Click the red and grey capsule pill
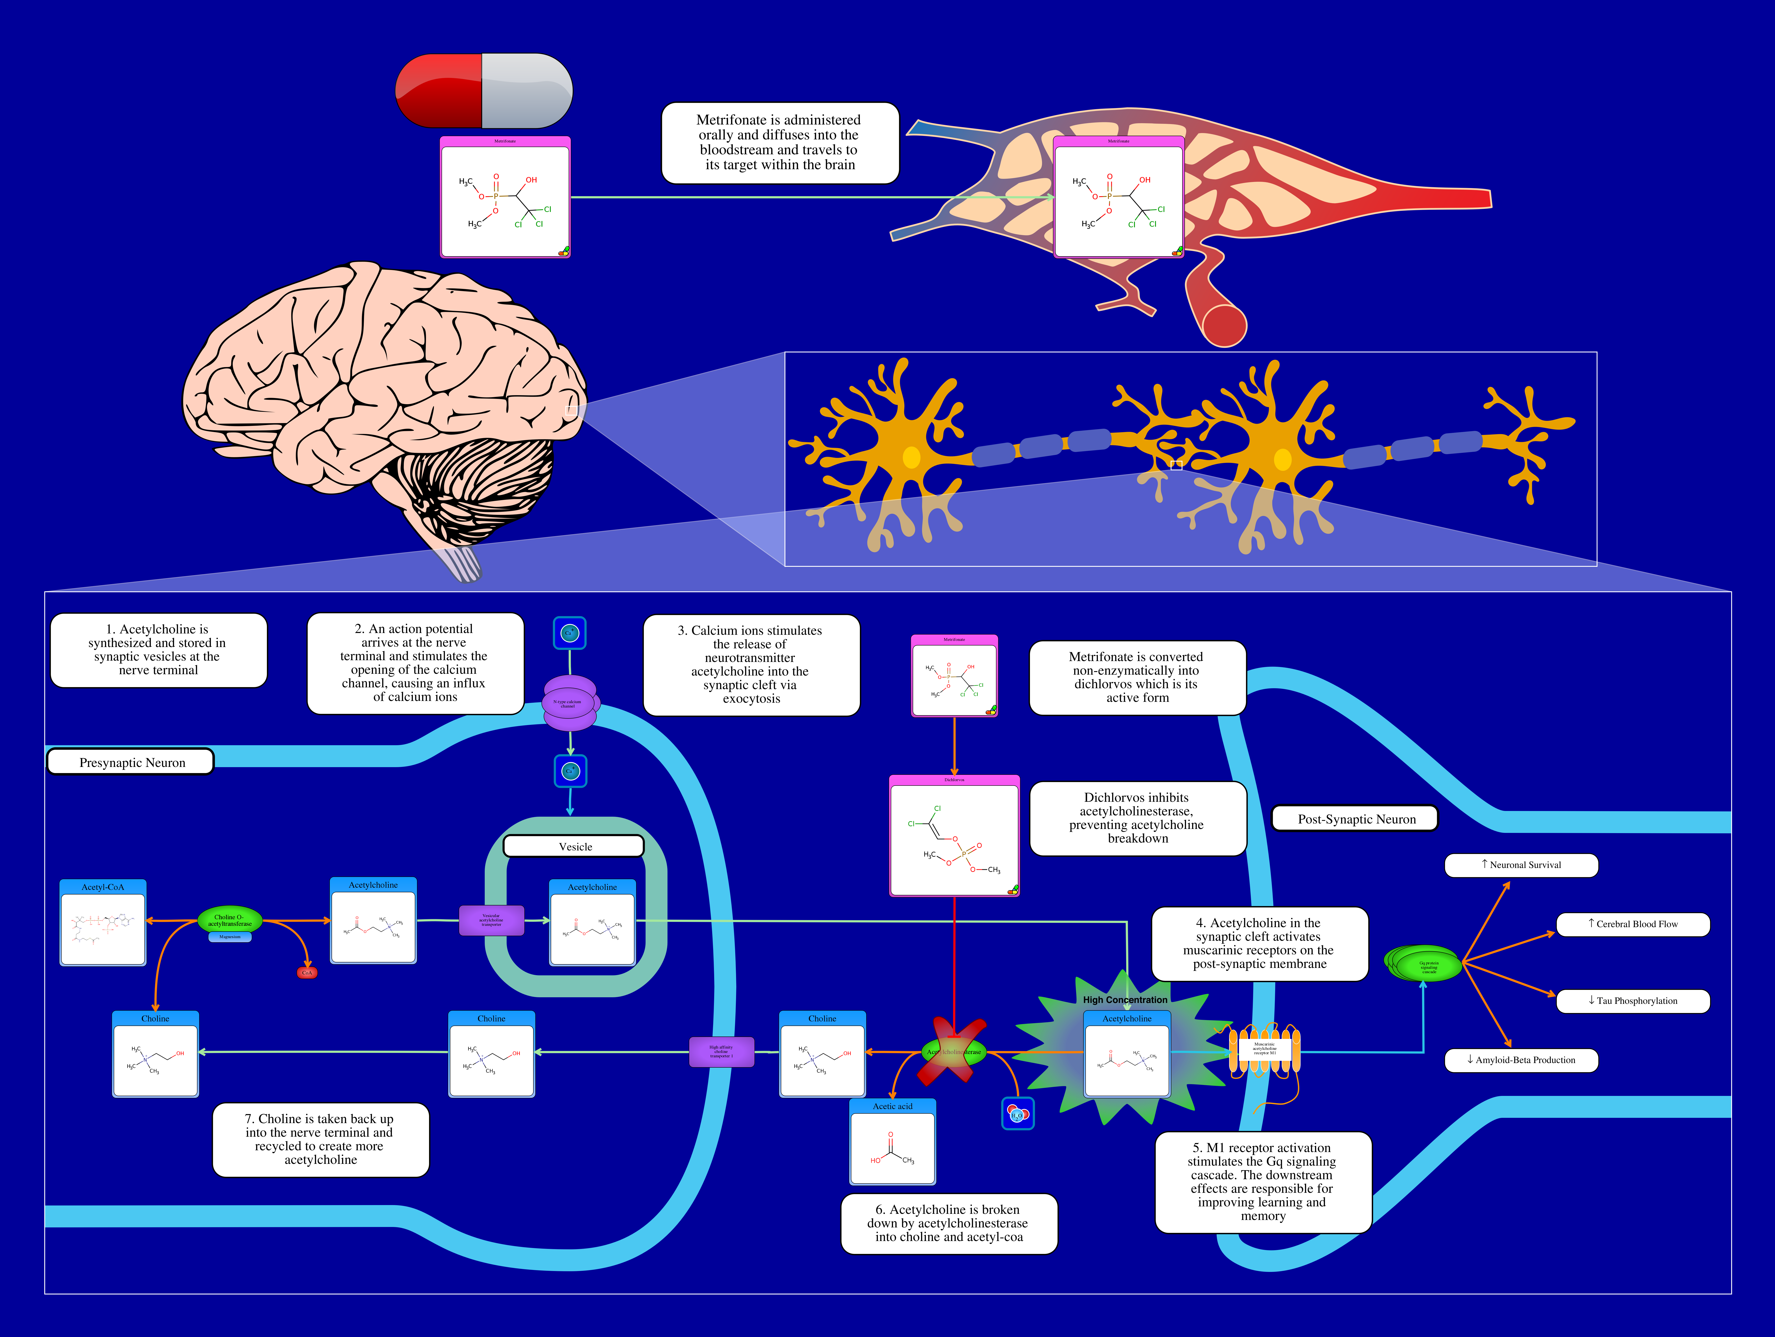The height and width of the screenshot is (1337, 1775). (484, 91)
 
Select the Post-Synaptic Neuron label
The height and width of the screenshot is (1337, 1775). (1355, 819)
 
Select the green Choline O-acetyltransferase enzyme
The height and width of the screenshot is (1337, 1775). (229, 920)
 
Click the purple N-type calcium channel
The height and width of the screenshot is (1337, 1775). (570, 703)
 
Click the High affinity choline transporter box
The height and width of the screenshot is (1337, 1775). (721, 1051)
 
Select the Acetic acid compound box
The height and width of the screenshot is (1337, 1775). (892, 1141)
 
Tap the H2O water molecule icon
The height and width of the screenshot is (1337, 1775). (1017, 1114)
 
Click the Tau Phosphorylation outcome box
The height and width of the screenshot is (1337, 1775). (1632, 1001)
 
